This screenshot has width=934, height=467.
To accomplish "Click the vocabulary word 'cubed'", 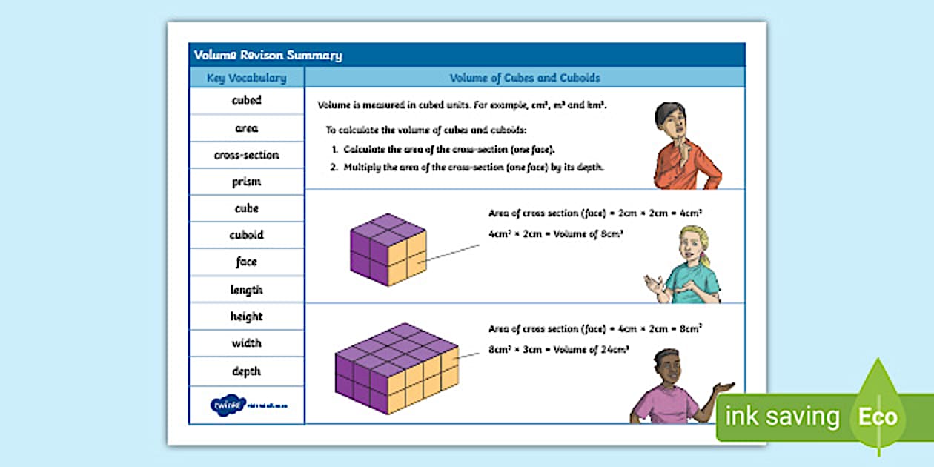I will tap(246, 101).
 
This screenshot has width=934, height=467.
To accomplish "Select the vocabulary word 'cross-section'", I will tap(246, 155).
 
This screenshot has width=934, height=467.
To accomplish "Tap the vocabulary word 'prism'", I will tap(246, 182).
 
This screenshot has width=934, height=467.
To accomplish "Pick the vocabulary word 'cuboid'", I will tap(246, 235).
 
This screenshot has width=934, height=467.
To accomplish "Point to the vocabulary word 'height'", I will tap(246, 317).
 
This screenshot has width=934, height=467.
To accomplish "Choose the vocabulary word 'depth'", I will tap(246, 371).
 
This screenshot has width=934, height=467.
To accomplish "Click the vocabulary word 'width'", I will tap(246, 343).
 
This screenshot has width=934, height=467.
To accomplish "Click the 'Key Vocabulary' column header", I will tap(246, 78).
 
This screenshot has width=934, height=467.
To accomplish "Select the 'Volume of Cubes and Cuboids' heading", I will tap(525, 78).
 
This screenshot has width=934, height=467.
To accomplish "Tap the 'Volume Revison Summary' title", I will tap(268, 55).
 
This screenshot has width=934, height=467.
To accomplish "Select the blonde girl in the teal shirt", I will tap(686, 267).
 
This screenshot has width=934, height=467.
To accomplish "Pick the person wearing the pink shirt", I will tap(666, 393).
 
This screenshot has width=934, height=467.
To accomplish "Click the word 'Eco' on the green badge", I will tap(878, 417).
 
